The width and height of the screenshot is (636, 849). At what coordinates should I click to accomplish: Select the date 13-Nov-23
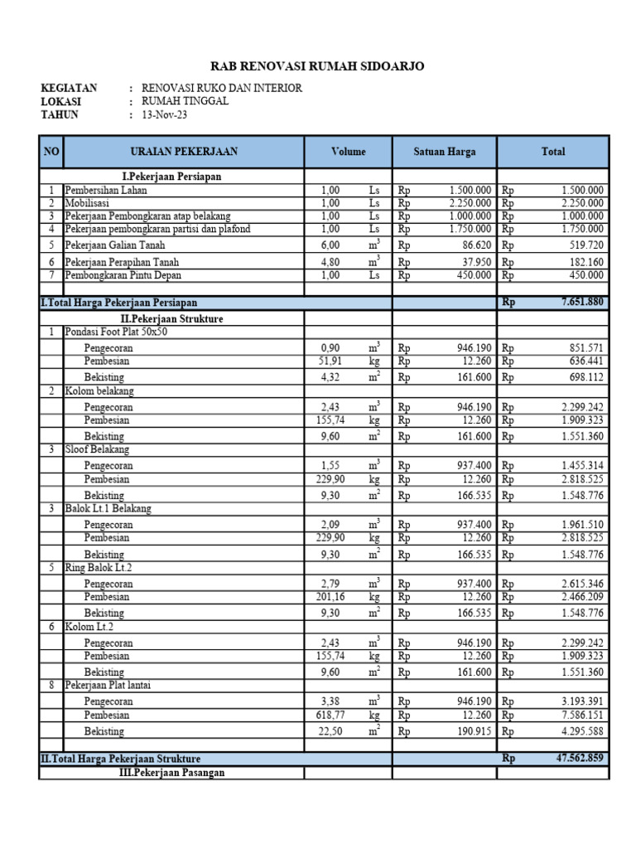pyautogui.click(x=165, y=115)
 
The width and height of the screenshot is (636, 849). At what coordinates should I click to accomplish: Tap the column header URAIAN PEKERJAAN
pyautogui.click(x=184, y=152)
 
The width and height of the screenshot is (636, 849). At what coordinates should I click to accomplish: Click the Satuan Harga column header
pyautogui.click(x=445, y=152)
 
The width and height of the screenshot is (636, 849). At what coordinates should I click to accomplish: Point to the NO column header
pyautogui.click(x=51, y=152)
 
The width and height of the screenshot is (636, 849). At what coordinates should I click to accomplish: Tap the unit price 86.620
pyautogui.click(x=474, y=245)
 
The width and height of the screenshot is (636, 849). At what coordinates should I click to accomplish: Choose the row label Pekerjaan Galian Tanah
pyautogui.click(x=116, y=245)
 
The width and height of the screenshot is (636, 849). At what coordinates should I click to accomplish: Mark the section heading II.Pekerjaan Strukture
pyautogui.click(x=172, y=318)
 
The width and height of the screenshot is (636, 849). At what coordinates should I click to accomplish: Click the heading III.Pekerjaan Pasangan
pyautogui.click(x=172, y=773)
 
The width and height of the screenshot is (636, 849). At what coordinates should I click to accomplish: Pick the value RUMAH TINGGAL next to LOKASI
pyautogui.click(x=185, y=101)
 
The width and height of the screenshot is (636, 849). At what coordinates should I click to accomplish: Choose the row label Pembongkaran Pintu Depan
pyautogui.click(x=123, y=275)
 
